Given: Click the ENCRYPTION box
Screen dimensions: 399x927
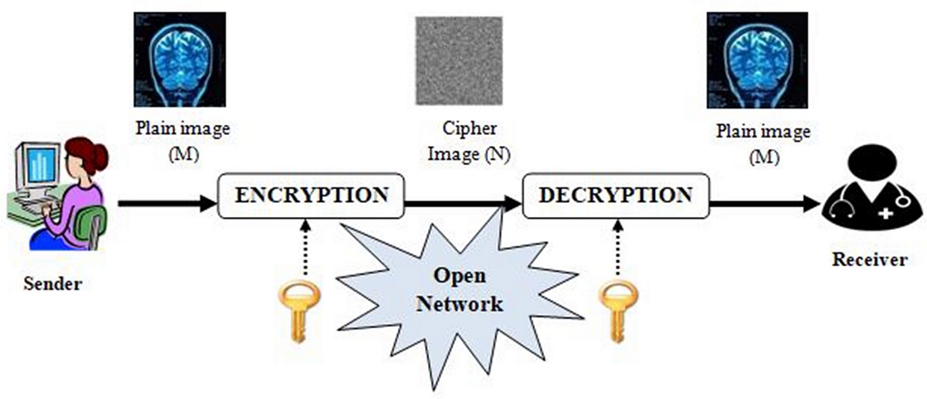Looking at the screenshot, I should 311,197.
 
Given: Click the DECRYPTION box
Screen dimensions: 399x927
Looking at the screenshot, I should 616,197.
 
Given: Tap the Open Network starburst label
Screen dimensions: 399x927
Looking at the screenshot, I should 460,289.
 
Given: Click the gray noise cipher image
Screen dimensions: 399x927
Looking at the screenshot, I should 460,60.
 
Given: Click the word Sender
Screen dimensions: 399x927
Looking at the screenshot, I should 53,283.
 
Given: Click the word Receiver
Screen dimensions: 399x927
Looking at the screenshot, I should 869,260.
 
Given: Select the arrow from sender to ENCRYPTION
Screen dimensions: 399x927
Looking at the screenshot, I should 166,205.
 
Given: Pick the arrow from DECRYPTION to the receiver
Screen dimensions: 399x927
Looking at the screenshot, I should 765,205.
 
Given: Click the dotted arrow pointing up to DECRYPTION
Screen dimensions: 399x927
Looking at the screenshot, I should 617,247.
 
